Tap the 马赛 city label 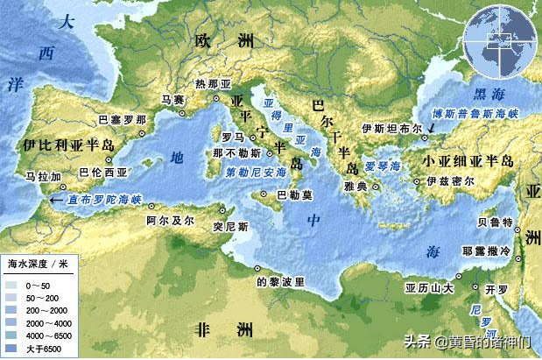pyautogui.click(x=173, y=100)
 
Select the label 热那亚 pyautogui.click(x=212, y=84)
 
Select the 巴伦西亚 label pyautogui.click(x=96, y=173)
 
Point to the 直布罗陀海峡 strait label pyautogui.click(x=98, y=200)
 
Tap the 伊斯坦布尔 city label pyautogui.click(x=386, y=127)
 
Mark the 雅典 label pyautogui.click(x=354, y=185)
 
